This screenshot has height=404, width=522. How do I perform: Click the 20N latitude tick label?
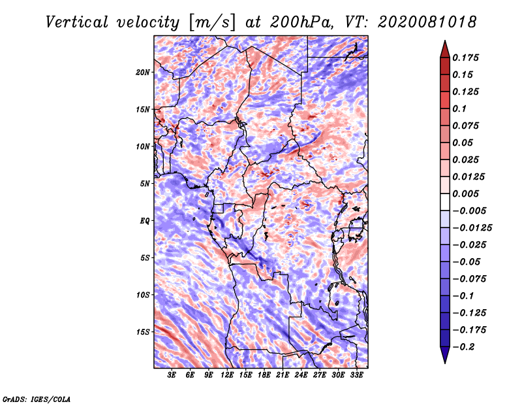coord(143,72)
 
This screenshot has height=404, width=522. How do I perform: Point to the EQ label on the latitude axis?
coord(146,220)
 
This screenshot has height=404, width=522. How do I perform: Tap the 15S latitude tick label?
coord(143,331)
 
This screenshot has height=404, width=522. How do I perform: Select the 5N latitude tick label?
coord(145,183)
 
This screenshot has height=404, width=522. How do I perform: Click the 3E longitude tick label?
coord(172,375)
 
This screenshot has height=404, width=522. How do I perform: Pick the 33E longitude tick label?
coord(356,375)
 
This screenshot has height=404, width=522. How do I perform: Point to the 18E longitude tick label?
coord(264,375)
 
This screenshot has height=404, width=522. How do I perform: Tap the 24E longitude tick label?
coord(301,375)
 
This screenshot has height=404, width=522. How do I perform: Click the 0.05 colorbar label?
coord(463,143)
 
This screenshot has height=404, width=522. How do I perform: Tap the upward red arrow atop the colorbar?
coord(444,48)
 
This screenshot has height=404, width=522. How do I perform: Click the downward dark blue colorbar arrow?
coord(444,356)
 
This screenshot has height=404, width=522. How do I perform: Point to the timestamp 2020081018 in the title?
coord(420,22)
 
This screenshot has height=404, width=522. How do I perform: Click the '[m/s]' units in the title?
coord(210,22)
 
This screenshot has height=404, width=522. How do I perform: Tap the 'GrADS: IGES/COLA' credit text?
coord(36,398)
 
